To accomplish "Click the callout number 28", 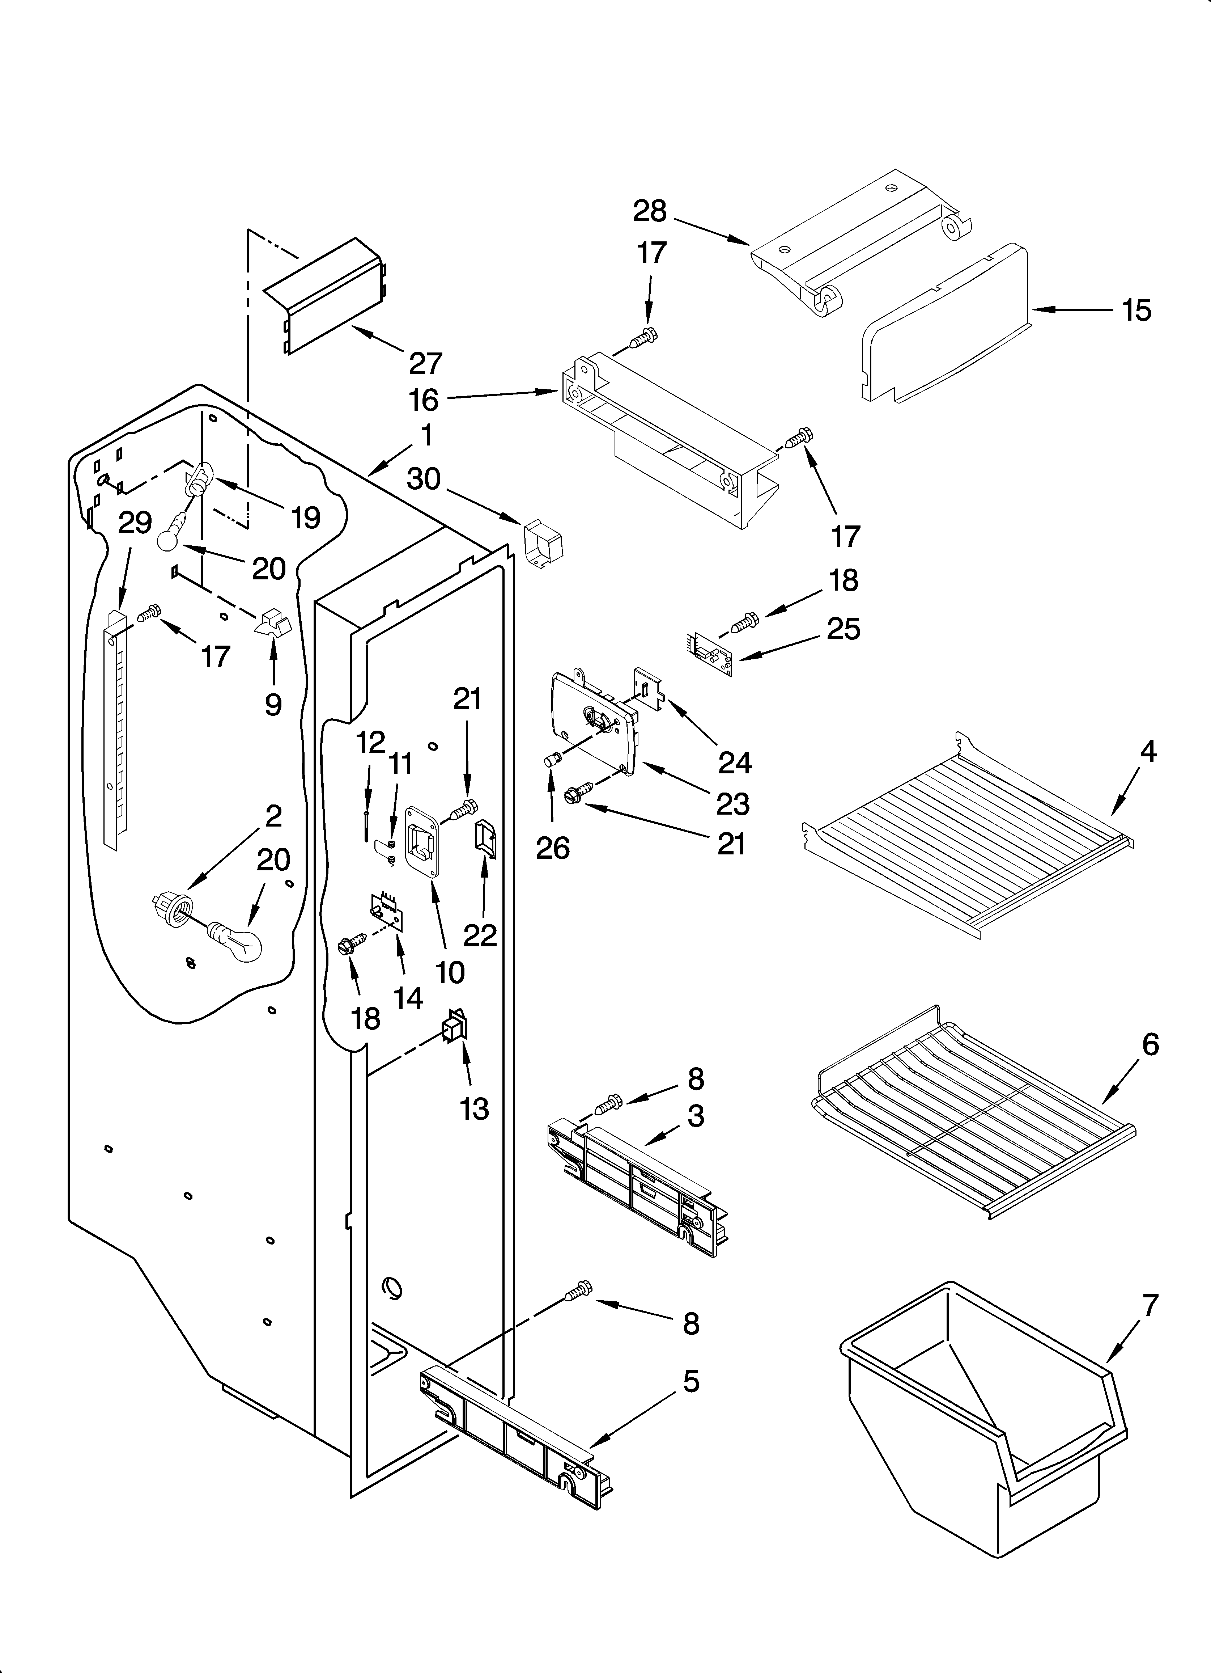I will (649, 212).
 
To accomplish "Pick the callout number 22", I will (480, 935).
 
